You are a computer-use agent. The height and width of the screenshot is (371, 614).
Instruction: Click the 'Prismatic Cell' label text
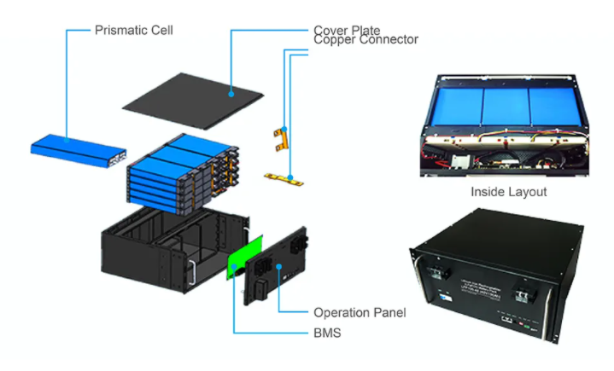point(133,31)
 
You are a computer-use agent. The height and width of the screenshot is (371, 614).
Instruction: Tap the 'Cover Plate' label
point(347,31)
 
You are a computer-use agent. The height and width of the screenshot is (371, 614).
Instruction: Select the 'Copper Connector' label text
point(365,40)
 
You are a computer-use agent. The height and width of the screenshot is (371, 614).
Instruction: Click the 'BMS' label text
point(327,333)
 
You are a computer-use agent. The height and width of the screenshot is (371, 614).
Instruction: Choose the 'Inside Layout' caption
point(509,192)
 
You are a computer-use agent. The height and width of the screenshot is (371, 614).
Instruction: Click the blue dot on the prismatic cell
point(67,139)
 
